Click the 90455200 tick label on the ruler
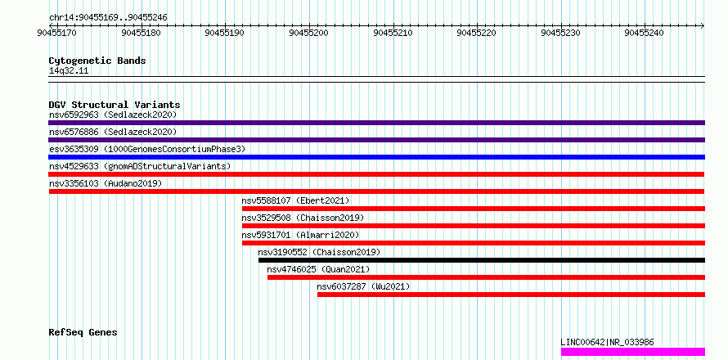(x=308, y=33)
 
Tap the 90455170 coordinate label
(x=57, y=33)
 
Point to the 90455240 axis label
(x=645, y=33)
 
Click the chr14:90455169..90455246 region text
(x=108, y=18)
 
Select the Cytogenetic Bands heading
(x=97, y=61)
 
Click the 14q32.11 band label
(x=69, y=71)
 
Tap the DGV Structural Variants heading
(x=115, y=105)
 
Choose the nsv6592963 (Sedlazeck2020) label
(x=113, y=115)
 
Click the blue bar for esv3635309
(x=376, y=157)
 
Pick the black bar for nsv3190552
(x=482, y=260)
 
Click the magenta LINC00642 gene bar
(x=633, y=352)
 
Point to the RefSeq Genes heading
(x=83, y=333)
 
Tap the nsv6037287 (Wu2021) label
(x=363, y=286)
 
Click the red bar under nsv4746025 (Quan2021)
(x=486, y=277)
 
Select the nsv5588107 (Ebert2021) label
(x=295, y=200)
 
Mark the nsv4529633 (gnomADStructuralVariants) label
(x=140, y=166)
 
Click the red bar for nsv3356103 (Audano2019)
(x=376, y=191)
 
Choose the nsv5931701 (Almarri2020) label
(x=300, y=235)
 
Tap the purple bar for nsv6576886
(x=376, y=140)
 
